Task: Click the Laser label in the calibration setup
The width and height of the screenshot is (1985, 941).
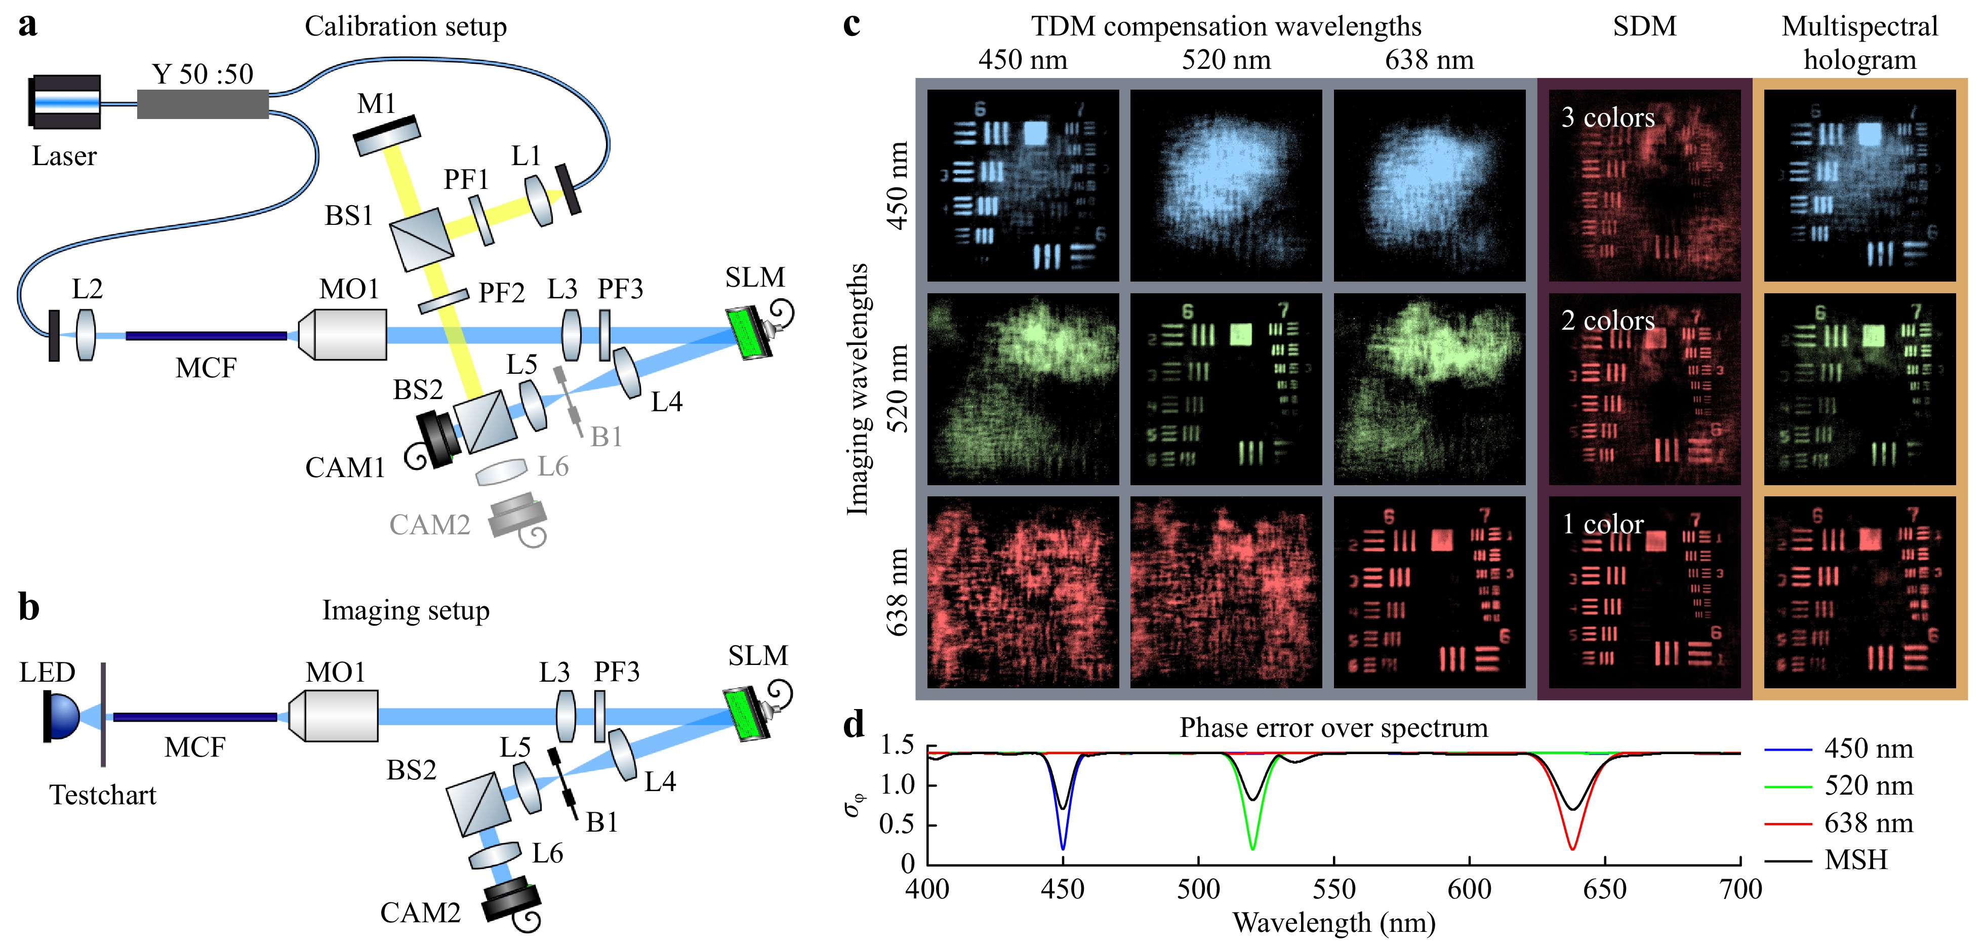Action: coord(64,156)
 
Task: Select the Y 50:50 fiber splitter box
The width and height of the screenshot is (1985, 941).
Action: coord(202,104)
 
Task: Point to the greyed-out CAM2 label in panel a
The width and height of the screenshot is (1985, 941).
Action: coord(429,525)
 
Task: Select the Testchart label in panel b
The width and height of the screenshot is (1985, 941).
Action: coord(102,795)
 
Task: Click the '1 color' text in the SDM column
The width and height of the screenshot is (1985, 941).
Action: coord(1603,525)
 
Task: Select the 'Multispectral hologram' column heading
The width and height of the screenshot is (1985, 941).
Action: coord(1859,43)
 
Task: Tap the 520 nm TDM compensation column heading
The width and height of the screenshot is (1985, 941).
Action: coord(1226,60)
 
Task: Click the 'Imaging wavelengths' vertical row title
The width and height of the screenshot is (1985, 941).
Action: coord(857,388)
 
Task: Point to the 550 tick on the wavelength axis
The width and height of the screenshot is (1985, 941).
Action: coord(1334,889)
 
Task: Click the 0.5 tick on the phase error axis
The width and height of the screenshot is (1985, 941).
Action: coord(898,824)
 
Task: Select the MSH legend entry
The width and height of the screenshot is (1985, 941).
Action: coord(1855,859)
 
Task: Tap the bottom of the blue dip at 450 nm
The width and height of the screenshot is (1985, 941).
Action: coord(1063,848)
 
